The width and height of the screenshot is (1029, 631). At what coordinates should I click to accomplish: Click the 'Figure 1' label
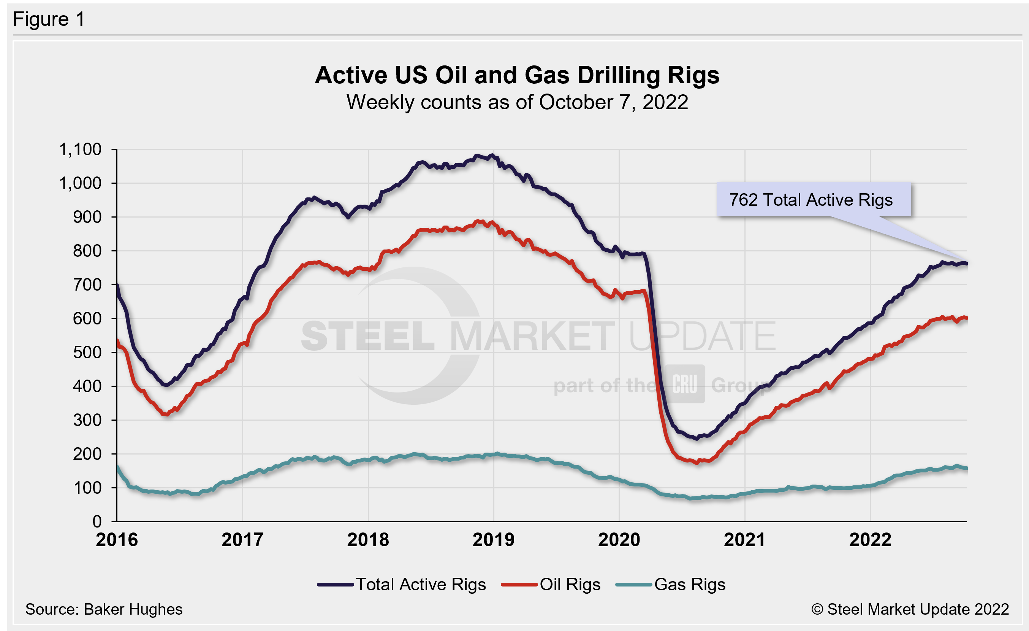(49, 19)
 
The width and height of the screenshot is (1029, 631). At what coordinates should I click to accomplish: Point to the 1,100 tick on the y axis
(80, 149)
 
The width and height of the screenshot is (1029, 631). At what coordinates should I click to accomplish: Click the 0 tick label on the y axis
(97, 521)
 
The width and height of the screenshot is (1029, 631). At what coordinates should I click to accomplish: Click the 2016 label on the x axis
(117, 540)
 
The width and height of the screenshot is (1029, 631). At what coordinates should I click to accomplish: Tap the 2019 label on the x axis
(493, 540)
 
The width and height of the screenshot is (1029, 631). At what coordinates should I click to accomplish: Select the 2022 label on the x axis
(870, 540)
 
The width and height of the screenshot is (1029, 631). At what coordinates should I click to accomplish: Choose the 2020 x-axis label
(619, 540)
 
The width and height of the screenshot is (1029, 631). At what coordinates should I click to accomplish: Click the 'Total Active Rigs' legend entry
(401, 584)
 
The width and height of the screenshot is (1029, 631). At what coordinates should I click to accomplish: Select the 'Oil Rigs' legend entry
(551, 584)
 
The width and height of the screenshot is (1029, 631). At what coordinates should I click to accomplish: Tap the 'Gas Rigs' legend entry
(670, 584)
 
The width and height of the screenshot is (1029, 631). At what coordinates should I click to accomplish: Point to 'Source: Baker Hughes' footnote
(104, 609)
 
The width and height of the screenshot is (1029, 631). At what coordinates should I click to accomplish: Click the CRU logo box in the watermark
(684, 384)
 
